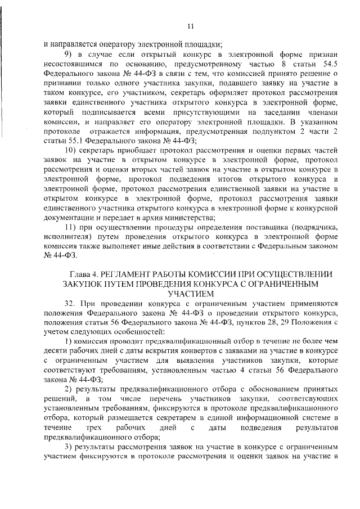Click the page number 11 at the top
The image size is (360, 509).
coord(190,25)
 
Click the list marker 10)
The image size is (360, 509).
coord(70,151)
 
